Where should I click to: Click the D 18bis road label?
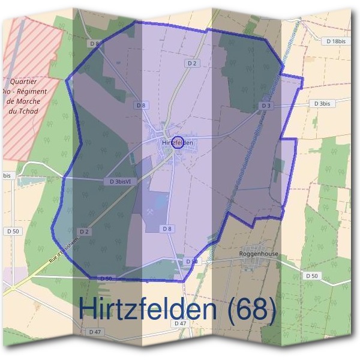[337, 41]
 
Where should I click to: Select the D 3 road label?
[266, 106]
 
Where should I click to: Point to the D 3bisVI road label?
[121, 181]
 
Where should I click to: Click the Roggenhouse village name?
[259, 254]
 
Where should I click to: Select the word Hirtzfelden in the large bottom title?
[147, 309]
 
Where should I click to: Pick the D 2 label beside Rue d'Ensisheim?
[84, 232]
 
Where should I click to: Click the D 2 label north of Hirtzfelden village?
[192, 62]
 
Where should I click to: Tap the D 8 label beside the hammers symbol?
[167, 229]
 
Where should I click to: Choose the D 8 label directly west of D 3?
[141, 105]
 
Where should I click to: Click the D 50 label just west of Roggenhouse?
[191, 262]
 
